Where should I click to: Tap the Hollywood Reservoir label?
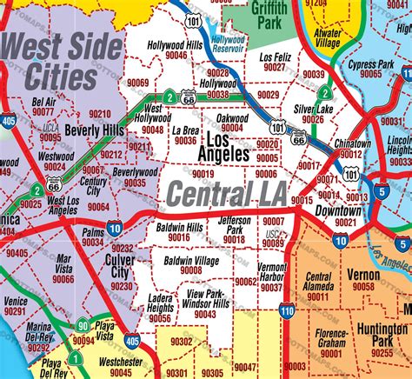click(229, 45)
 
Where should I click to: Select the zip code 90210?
click(100, 114)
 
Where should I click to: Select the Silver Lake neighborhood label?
click(314, 109)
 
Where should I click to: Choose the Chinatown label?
click(352, 143)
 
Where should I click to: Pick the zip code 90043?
click(204, 314)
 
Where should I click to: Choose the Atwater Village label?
click(328, 37)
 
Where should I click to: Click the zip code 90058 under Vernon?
click(363, 285)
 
